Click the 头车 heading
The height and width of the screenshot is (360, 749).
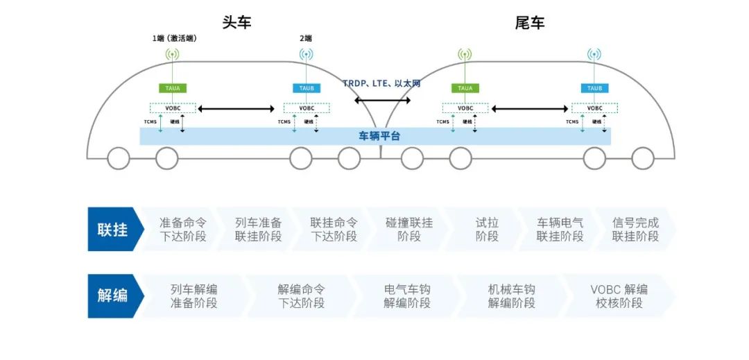click(x=236, y=22)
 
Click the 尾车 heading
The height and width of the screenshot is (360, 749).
click(x=530, y=22)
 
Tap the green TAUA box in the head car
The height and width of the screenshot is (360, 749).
click(x=173, y=88)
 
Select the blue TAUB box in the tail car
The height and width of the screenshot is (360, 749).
click(x=594, y=88)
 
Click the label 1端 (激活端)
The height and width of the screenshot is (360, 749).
click(x=174, y=38)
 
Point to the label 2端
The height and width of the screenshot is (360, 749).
click(x=306, y=38)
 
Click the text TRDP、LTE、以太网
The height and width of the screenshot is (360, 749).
click(x=381, y=83)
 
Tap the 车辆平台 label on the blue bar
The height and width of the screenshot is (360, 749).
click(x=379, y=136)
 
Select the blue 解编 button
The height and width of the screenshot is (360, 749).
click(x=113, y=296)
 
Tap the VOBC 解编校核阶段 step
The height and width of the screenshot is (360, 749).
click(x=619, y=296)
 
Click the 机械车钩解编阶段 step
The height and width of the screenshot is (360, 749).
click(x=512, y=296)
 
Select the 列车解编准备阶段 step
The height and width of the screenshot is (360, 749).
click(x=194, y=296)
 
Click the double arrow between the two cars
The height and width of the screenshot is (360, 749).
click(x=382, y=101)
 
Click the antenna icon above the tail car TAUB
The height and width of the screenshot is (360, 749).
click(x=594, y=54)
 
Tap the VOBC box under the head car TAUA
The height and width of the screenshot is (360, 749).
click(x=173, y=108)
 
